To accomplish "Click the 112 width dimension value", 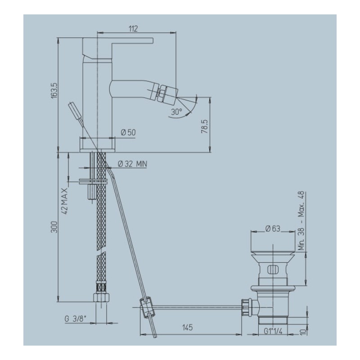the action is point(133,29).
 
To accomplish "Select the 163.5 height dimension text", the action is point(54,90).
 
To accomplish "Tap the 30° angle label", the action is point(176,112).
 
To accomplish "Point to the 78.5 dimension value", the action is point(204,126).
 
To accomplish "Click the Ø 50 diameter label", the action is point(128,132).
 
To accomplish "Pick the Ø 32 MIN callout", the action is point(132,164).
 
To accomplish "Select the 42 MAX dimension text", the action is point(65,201).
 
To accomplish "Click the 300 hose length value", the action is point(54,227).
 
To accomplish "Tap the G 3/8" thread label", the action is point(75,319).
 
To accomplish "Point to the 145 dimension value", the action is point(187,328).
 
